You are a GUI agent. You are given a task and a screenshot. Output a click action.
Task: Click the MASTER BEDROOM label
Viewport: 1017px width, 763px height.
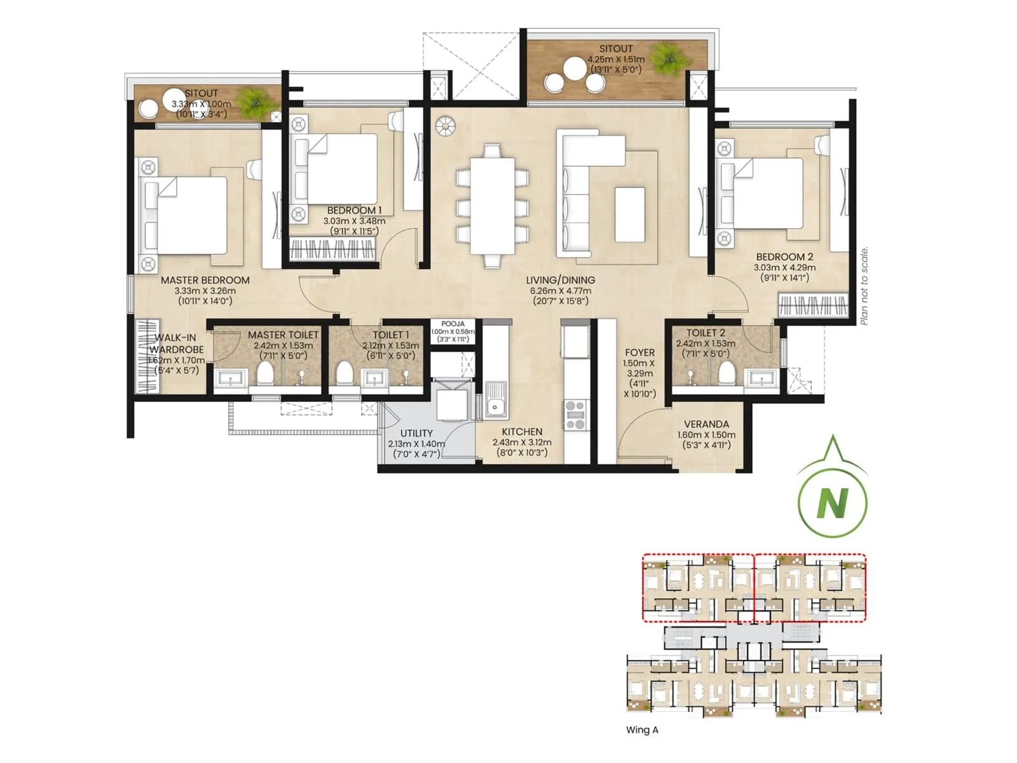point(205,280)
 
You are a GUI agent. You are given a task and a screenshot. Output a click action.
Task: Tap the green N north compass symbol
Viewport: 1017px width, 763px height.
point(832,502)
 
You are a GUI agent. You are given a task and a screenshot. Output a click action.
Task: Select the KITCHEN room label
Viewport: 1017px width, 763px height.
point(522,432)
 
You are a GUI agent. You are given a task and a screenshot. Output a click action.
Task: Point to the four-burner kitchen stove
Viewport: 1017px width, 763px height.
point(575,415)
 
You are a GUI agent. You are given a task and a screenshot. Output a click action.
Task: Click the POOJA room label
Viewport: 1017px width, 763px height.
point(453,324)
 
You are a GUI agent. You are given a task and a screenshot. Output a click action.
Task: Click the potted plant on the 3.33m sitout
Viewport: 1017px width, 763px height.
point(253,100)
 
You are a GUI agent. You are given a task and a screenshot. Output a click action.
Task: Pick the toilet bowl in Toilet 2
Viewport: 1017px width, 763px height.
point(724,375)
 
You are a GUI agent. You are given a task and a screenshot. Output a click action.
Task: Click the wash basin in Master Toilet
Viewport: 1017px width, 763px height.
point(227,379)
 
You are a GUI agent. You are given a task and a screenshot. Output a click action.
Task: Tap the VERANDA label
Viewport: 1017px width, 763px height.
point(706,424)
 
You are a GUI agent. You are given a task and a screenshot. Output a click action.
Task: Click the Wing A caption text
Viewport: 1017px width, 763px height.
point(642,730)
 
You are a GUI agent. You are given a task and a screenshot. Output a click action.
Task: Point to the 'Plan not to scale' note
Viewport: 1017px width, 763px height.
point(864,286)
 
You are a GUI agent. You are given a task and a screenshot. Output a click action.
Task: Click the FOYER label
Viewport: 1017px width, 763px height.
point(639,352)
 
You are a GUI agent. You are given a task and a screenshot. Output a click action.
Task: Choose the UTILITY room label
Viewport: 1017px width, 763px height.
point(416,433)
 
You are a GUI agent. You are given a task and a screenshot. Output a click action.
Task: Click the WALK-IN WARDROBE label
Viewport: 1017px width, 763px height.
point(176,343)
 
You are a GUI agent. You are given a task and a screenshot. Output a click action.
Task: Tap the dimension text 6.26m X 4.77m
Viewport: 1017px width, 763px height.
point(560,291)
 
